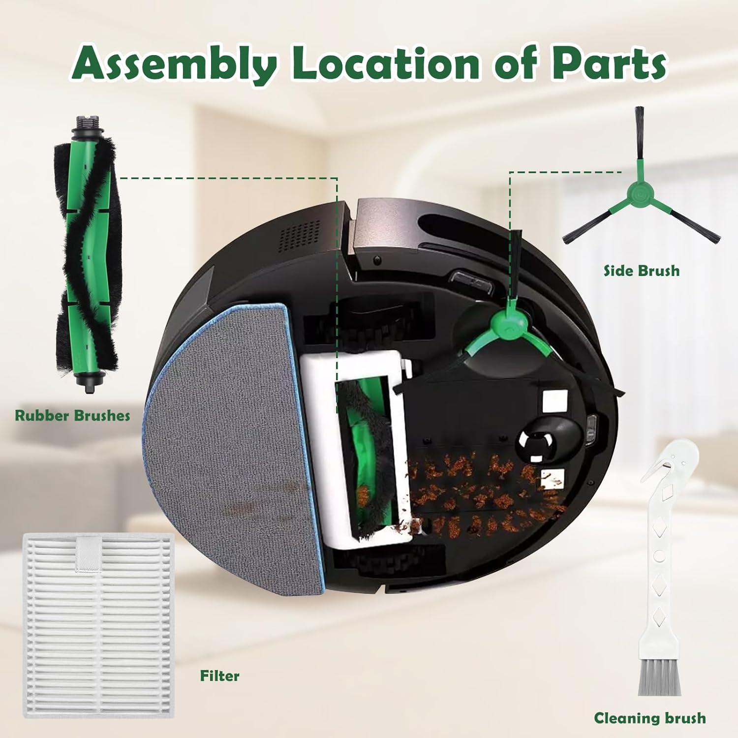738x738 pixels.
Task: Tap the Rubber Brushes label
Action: [x=72, y=415]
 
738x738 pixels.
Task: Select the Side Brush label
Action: [x=642, y=271]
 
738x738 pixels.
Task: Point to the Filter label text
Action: [x=219, y=676]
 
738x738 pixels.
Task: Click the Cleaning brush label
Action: [x=649, y=718]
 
